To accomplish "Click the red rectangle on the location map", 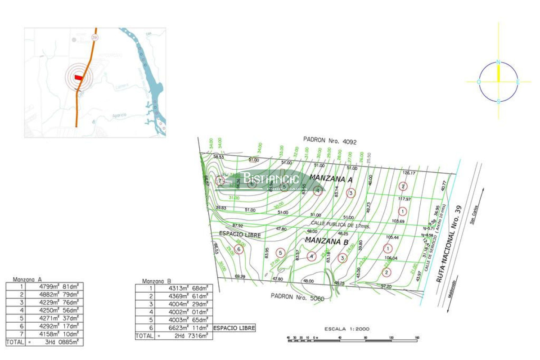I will click(78, 77).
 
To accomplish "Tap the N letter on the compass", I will click(498, 62).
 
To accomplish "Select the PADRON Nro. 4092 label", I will click(330, 141).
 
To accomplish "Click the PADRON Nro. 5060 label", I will click(297, 297).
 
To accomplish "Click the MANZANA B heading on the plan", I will click(327, 241).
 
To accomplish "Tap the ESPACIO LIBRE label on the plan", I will click(240, 234).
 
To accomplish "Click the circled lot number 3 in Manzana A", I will click(351, 193).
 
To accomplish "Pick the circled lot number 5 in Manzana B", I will click(281, 253).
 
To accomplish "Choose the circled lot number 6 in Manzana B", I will click(238, 249).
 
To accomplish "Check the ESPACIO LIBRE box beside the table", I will click(234, 328).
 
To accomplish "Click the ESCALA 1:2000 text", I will click(347, 329).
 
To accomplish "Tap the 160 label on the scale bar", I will click(417, 337).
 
